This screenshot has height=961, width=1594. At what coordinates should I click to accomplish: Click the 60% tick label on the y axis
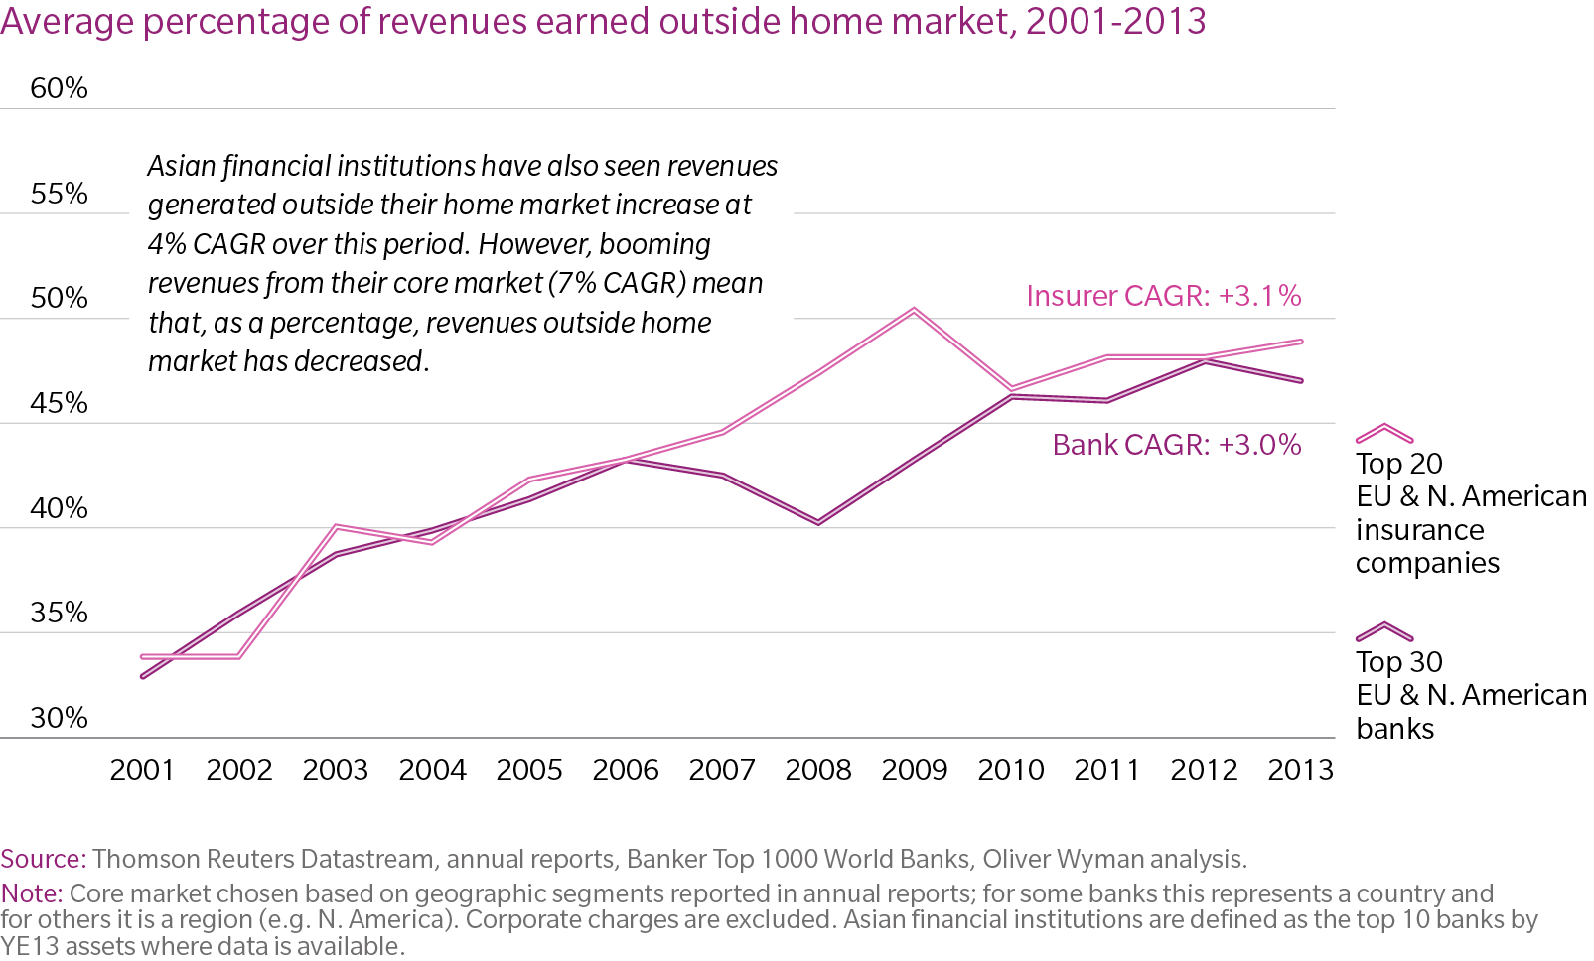point(59,88)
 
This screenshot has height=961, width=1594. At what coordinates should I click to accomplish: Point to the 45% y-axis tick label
point(59,403)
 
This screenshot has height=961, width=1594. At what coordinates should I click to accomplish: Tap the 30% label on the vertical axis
point(59,718)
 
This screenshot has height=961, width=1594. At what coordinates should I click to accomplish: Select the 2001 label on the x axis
point(142,770)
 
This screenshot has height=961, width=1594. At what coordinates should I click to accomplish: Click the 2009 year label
point(915,770)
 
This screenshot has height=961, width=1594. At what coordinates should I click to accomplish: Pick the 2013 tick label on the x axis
point(1300,770)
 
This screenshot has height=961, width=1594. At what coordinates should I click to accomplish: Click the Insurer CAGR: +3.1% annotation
point(1163,296)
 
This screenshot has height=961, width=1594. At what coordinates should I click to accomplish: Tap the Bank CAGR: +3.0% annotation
point(1176,445)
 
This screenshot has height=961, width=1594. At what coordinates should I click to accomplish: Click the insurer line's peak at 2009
point(914,310)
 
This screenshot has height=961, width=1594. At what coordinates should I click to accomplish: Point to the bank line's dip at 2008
point(818,522)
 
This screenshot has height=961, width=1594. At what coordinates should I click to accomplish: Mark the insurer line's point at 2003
point(336,526)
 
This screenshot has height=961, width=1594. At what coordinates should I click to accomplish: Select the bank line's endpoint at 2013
point(1301,380)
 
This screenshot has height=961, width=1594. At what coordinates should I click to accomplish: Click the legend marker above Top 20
point(1383,434)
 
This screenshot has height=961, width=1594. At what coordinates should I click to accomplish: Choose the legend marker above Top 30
point(1383,632)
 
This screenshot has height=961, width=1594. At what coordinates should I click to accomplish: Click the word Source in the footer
point(43,859)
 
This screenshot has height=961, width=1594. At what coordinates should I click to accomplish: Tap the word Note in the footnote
point(31,893)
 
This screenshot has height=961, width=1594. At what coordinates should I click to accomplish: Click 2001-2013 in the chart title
point(1115,21)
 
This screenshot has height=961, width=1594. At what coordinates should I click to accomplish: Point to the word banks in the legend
point(1394,729)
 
